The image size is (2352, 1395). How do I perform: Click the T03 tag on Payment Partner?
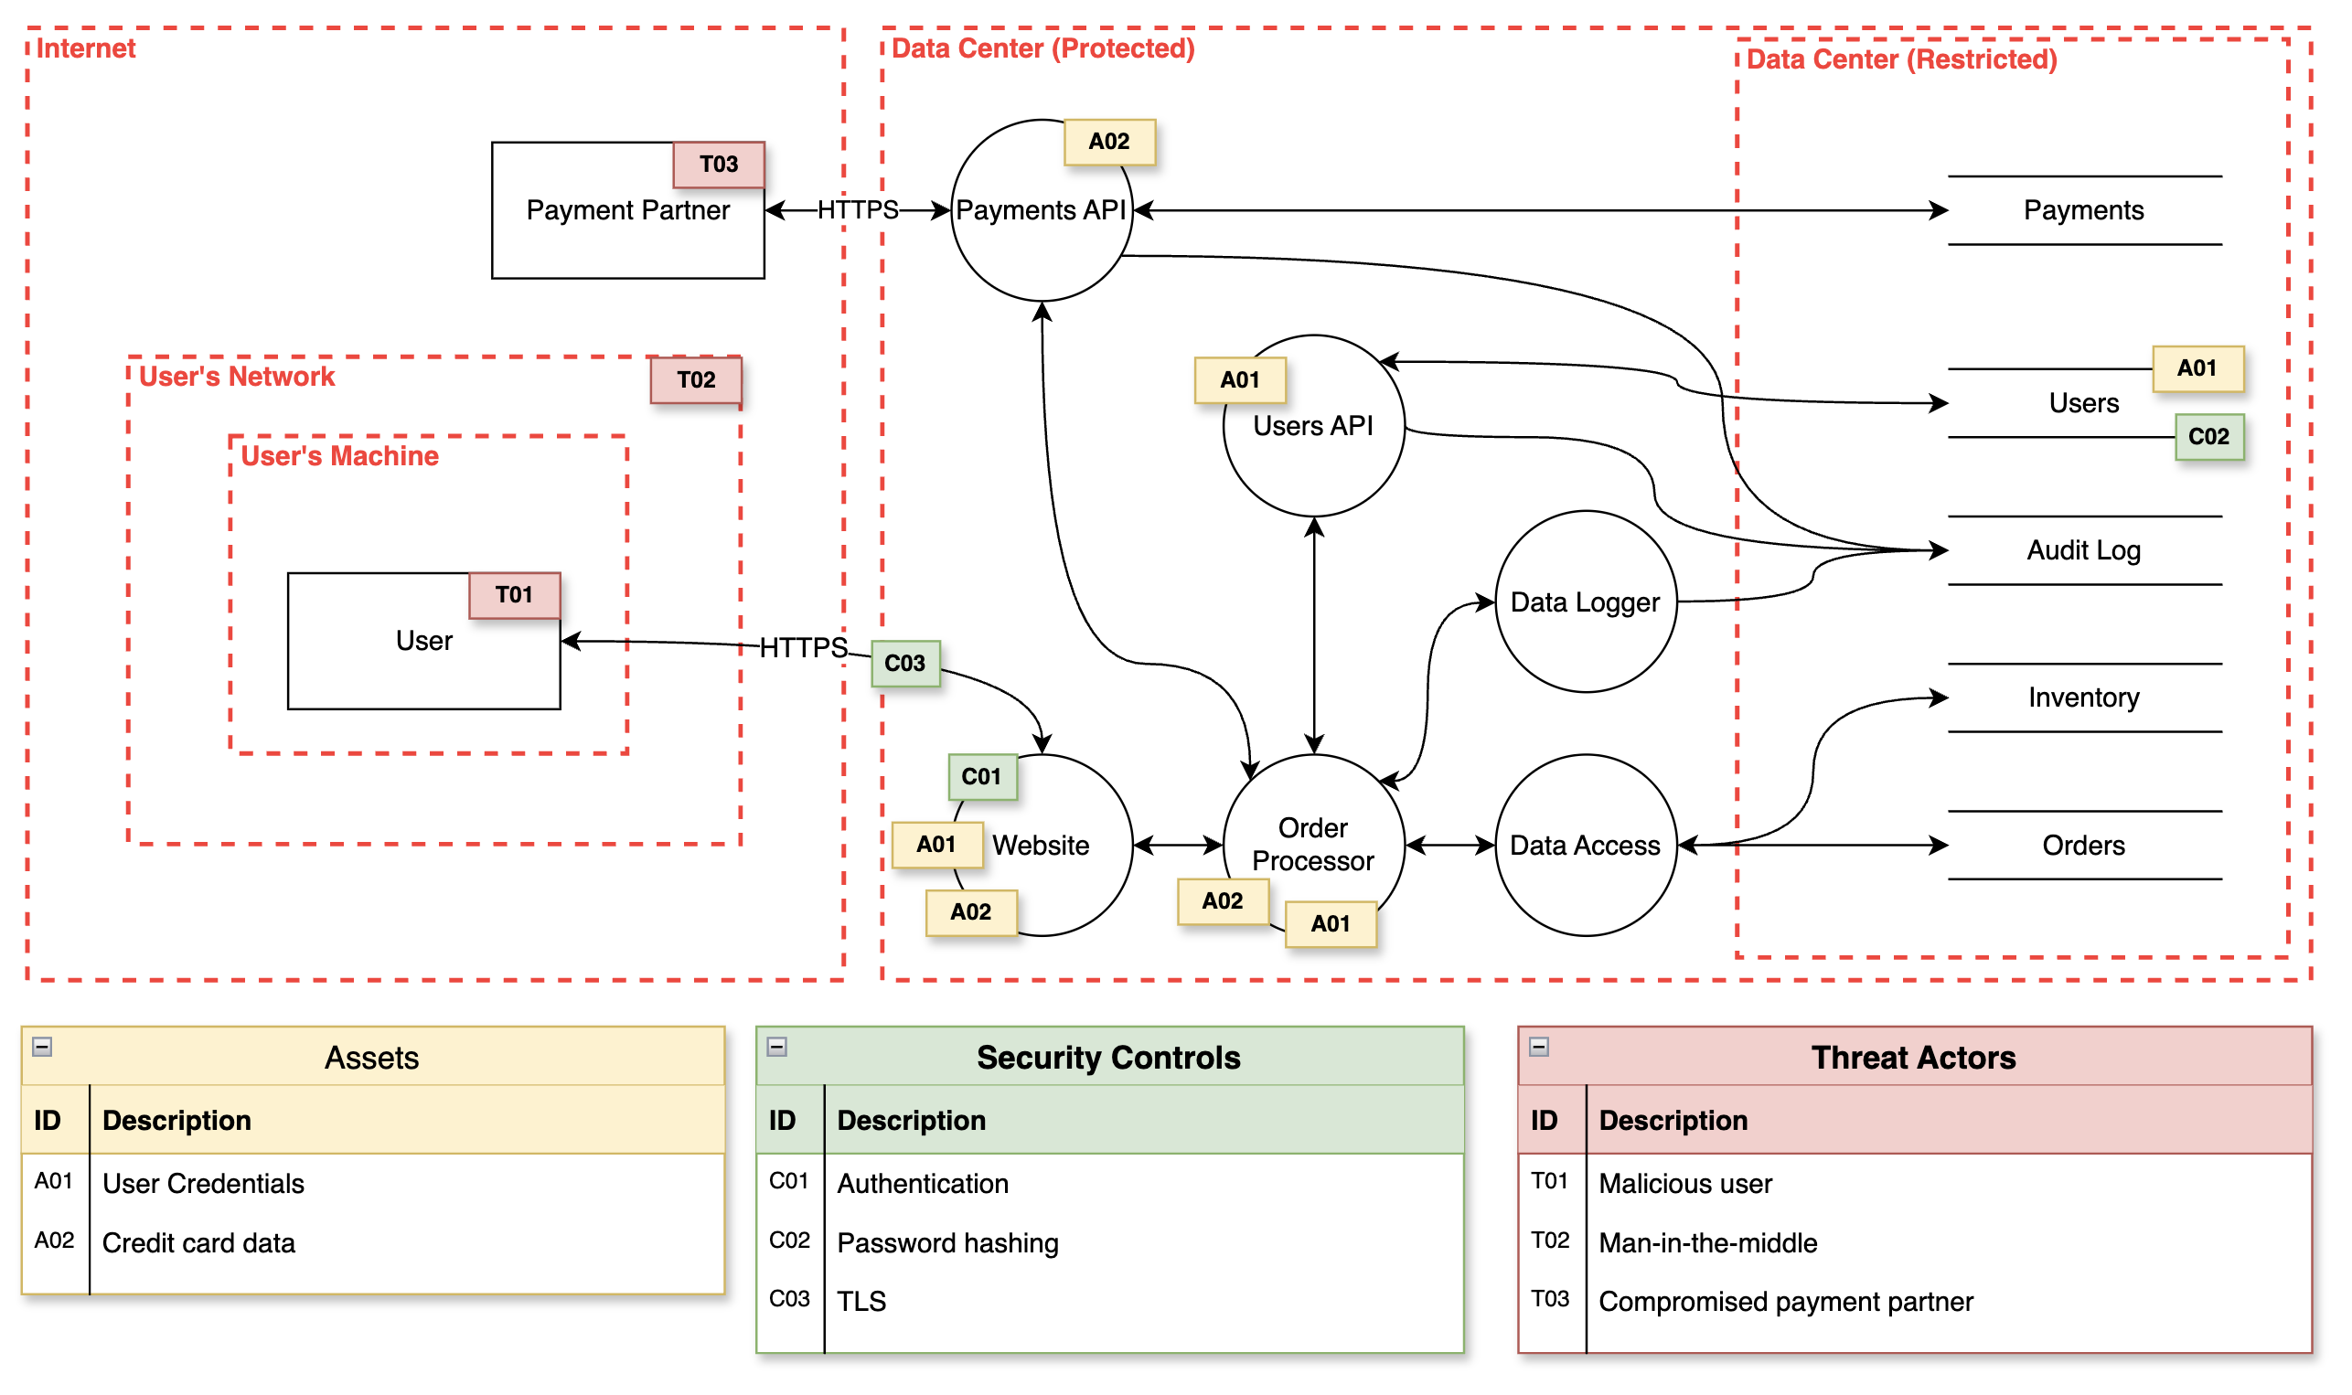pos(718,165)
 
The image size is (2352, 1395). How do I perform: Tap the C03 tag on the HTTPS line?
pos(904,664)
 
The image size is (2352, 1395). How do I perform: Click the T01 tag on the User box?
pos(514,595)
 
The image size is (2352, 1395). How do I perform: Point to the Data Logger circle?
pos(1585,602)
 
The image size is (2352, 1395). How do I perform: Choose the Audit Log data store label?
pos(2083,551)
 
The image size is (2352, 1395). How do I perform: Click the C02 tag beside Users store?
pos(2208,437)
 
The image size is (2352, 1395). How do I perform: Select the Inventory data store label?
pos(2083,697)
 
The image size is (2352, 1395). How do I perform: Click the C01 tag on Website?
pos(981,776)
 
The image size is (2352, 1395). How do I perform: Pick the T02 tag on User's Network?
pos(696,379)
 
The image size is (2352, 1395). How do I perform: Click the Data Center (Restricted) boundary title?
pos(1901,60)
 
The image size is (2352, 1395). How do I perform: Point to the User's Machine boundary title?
pos(339,457)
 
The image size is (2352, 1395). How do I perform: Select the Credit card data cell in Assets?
pos(198,1242)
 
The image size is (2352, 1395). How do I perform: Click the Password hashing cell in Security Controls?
pos(947,1242)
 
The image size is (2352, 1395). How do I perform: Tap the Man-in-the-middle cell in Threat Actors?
pos(1707,1242)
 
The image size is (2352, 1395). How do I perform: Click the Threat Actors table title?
pos(1913,1058)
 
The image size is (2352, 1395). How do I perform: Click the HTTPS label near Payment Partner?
pos(858,209)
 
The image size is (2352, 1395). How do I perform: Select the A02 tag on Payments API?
pos(1108,142)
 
